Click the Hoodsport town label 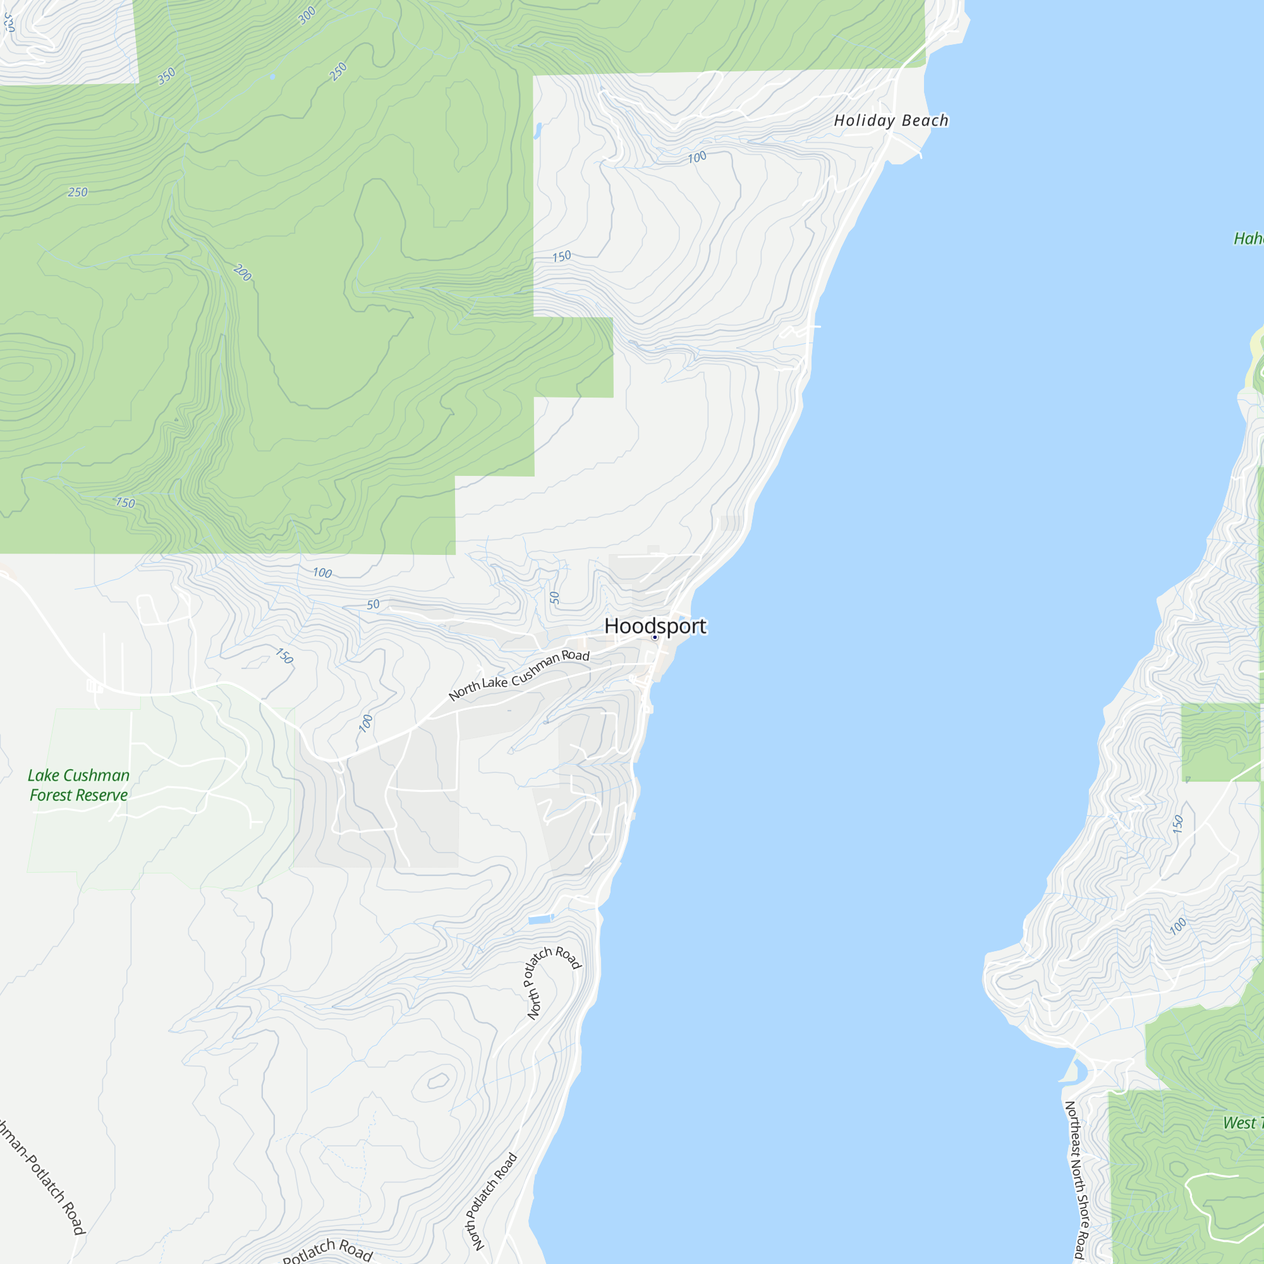coord(655,626)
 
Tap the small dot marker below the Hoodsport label coord(654,637)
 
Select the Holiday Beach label coord(891,120)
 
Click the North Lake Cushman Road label coord(519,676)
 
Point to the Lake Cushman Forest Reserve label coord(78,785)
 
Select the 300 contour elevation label coord(307,15)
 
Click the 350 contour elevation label coord(166,76)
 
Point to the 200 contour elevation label coord(242,272)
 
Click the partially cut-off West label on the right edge coord(1239,1122)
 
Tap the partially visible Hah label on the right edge coord(1248,239)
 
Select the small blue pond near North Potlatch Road coord(540,920)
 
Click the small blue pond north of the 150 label coord(538,131)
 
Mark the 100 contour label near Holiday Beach coord(696,157)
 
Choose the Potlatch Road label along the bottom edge coord(327,1250)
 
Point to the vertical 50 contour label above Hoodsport coord(555,597)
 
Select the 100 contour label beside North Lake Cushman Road coord(366,723)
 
